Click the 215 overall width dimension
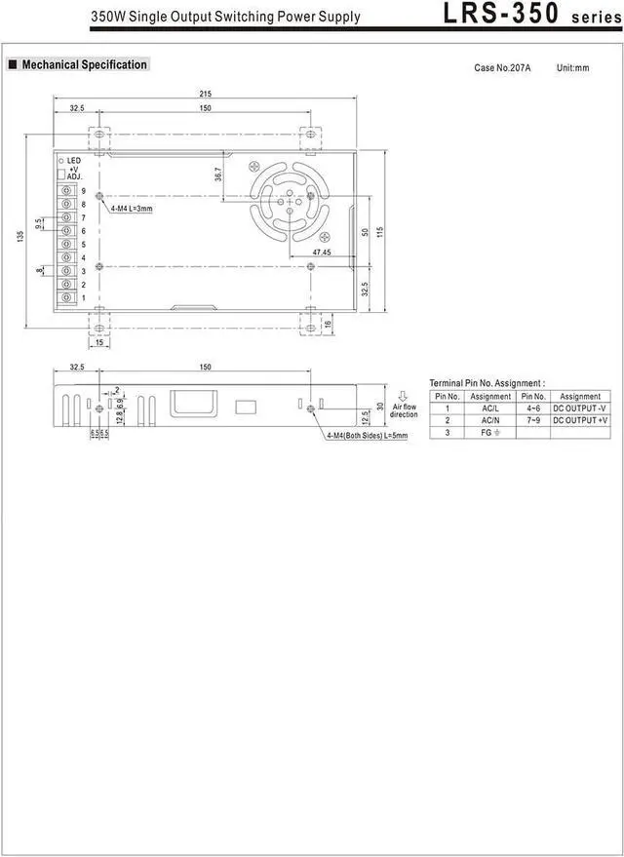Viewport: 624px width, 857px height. click(206, 94)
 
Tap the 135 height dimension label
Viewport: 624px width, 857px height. click(20, 236)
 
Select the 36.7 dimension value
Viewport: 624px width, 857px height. click(218, 174)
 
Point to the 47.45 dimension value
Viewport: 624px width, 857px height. click(322, 252)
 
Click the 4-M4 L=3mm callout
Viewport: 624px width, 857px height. click(132, 209)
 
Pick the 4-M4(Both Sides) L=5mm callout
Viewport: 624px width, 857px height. click(368, 435)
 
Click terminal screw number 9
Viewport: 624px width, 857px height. click(66, 191)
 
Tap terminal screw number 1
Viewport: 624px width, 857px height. click(66, 298)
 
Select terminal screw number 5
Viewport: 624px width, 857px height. click(66, 245)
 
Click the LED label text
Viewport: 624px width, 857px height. click(74, 161)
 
